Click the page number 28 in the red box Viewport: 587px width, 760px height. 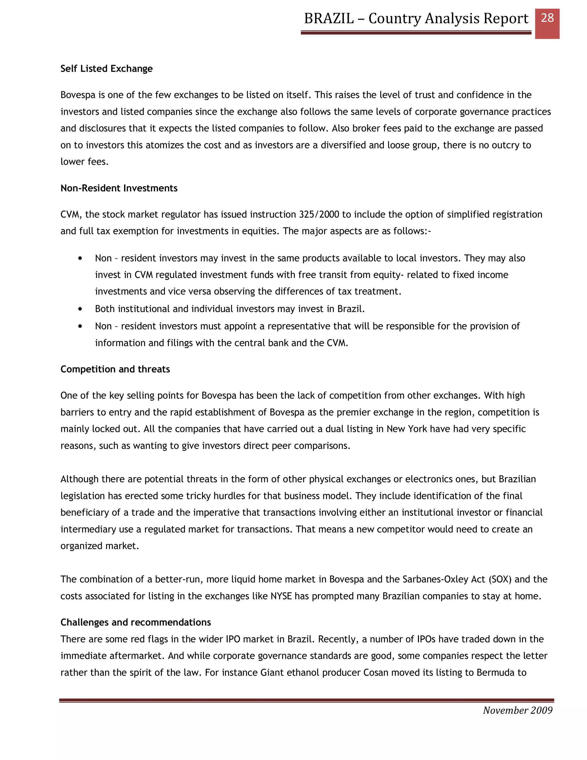[x=547, y=18]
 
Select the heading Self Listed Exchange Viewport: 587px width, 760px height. [x=106, y=69]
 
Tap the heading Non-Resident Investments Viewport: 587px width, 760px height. [x=119, y=188]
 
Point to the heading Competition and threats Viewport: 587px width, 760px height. [x=115, y=369]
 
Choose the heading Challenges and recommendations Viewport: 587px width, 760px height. [x=136, y=622]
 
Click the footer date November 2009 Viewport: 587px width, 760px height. [x=517, y=710]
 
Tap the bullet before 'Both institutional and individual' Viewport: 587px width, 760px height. [x=80, y=309]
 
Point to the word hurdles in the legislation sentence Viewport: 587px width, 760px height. [x=230, y=496]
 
